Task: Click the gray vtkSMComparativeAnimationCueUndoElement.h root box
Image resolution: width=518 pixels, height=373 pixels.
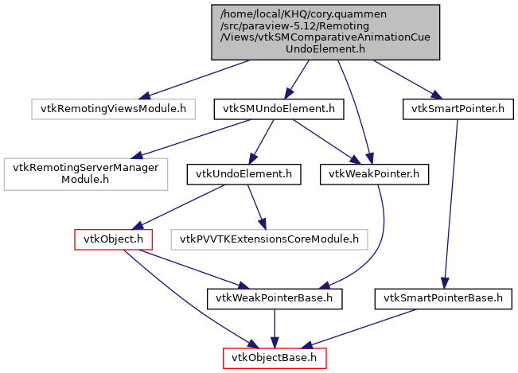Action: pyautogui.click(x=325, y=31)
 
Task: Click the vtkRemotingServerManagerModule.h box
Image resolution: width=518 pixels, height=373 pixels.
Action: pyautogui.click(x=86, y=174)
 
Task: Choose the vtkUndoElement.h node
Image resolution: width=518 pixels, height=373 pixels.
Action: pyautogui.click(x=243, y=174)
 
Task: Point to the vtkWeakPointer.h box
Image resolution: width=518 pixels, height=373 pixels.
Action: pyautogui.click(x=374, y=174)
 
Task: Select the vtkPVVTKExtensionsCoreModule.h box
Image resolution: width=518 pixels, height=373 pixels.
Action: pyautogui.click(x=270, y=239)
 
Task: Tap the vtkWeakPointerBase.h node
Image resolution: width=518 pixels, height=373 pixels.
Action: pyautogui.click(x=275, y=299)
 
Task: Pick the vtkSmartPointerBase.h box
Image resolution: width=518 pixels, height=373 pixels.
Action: pyautogui.click(x=443, y=299)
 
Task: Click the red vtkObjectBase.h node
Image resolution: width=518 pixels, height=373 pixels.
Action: pyautogui.click(x=274, y=359)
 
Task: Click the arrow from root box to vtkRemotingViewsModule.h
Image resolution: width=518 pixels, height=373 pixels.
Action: pyautogui.click(x=200, y=79)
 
